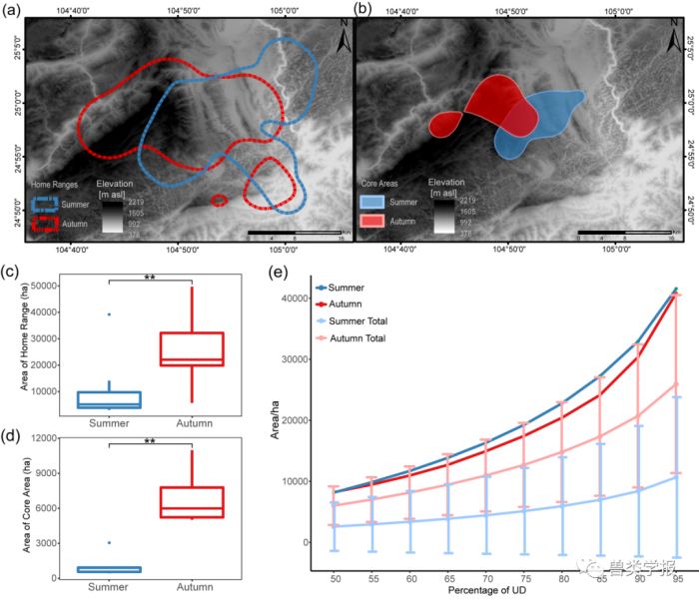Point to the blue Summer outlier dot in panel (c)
click(109, 314)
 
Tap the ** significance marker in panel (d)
click(149, 437)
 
